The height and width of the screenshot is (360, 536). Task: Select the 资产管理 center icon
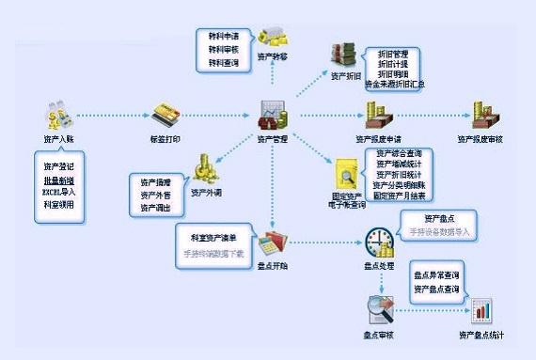pos(273,116)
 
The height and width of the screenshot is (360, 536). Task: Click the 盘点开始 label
pos(272,264)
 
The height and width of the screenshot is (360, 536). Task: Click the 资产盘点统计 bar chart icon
pos(481,310)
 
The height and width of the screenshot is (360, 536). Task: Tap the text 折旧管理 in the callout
pos(391,54)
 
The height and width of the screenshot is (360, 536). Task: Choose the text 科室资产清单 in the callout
pos(213,238)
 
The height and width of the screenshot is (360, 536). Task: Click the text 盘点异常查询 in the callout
pos(439,275)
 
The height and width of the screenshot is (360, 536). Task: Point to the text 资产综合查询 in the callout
pos(399,152)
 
